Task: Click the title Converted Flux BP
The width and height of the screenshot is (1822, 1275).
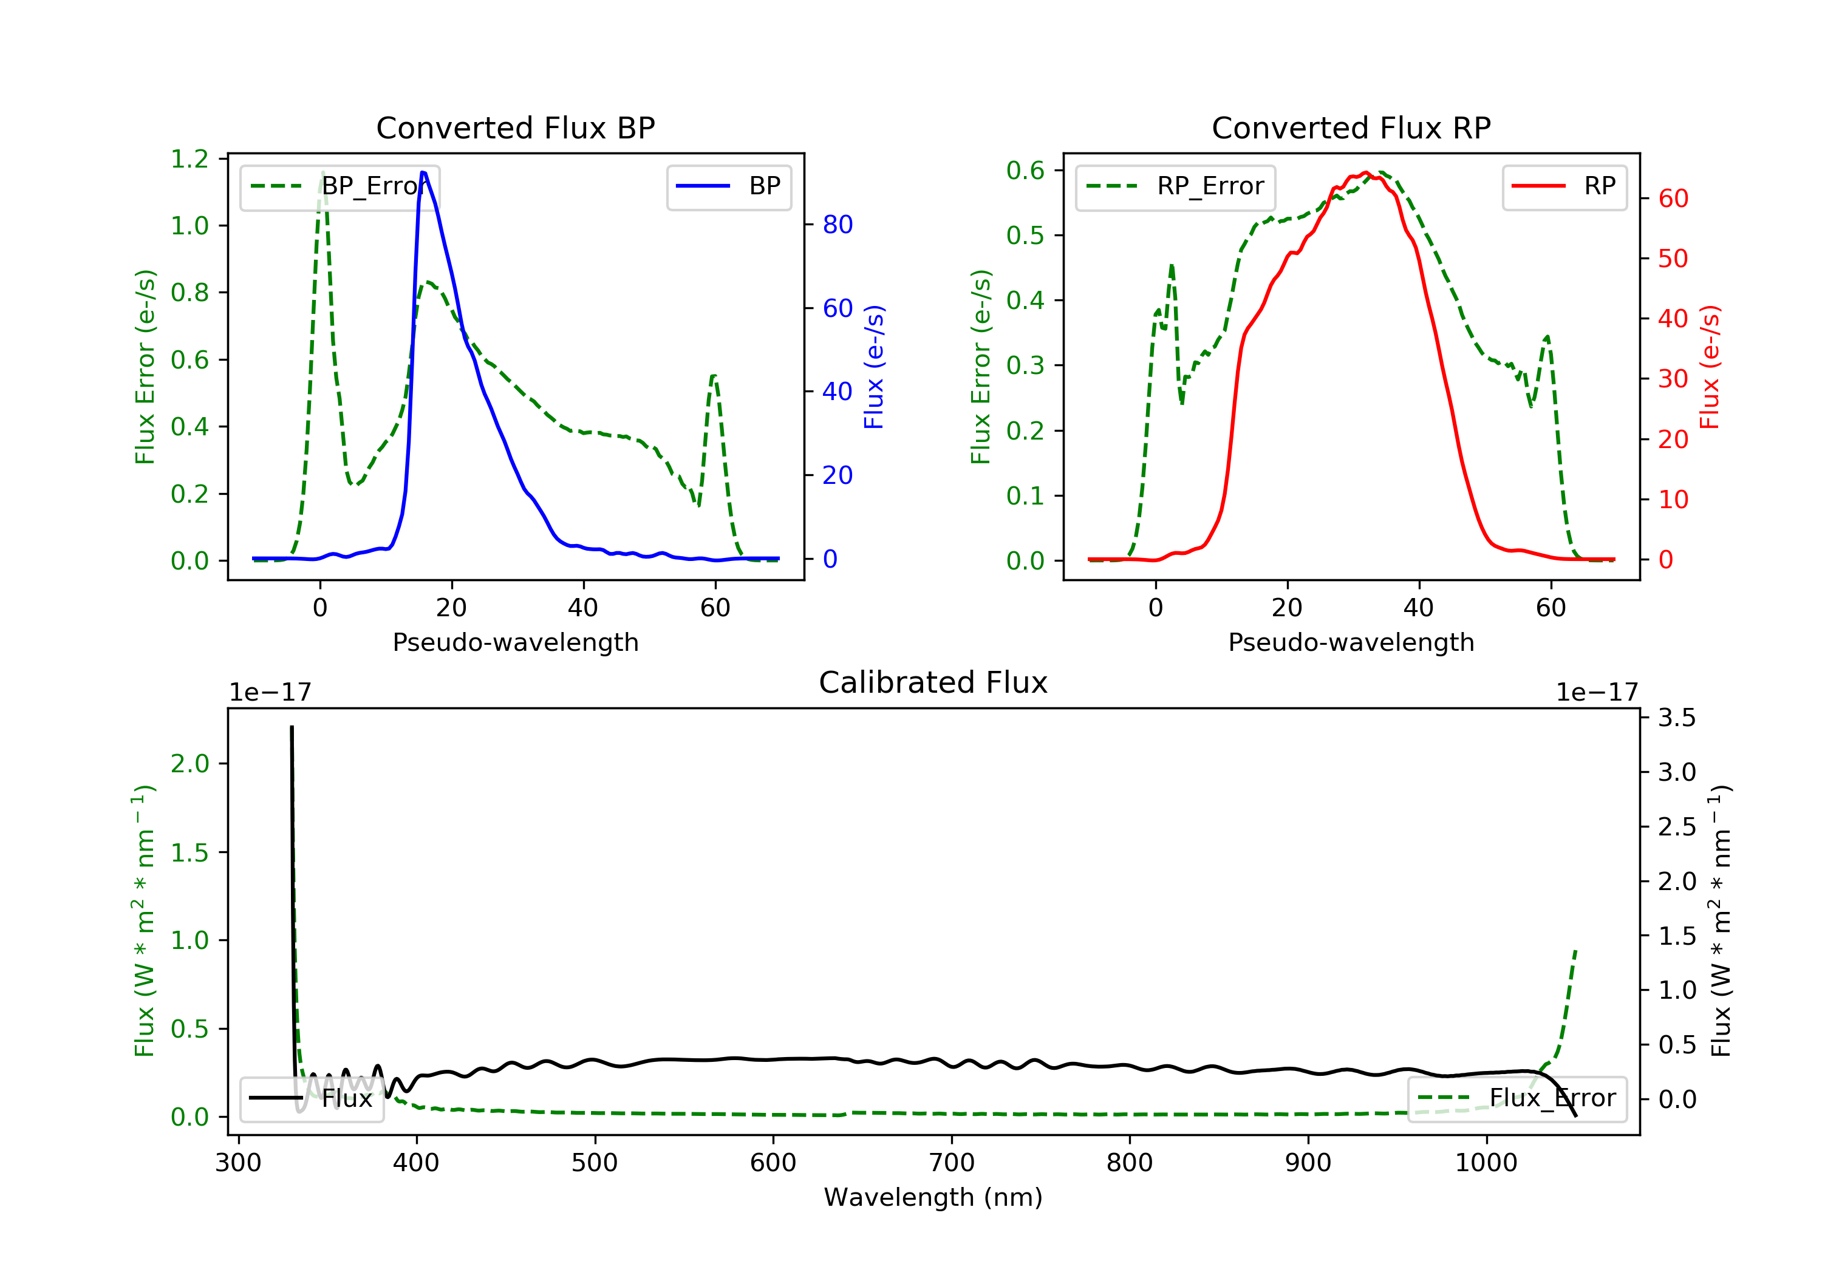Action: point(515,127)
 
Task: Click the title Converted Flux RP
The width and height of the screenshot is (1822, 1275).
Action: point(1351,127)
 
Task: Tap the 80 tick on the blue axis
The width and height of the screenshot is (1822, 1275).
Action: point(837,225)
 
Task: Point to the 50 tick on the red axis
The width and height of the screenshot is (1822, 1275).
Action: point(1673,259)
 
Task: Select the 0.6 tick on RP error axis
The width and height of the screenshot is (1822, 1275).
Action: point(1025,170)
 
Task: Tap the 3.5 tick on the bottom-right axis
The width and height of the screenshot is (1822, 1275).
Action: point(1677,718)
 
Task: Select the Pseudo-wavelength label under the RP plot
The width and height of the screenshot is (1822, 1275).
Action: point(1351,642)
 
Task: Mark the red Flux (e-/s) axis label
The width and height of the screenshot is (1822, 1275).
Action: point(1709,367)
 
